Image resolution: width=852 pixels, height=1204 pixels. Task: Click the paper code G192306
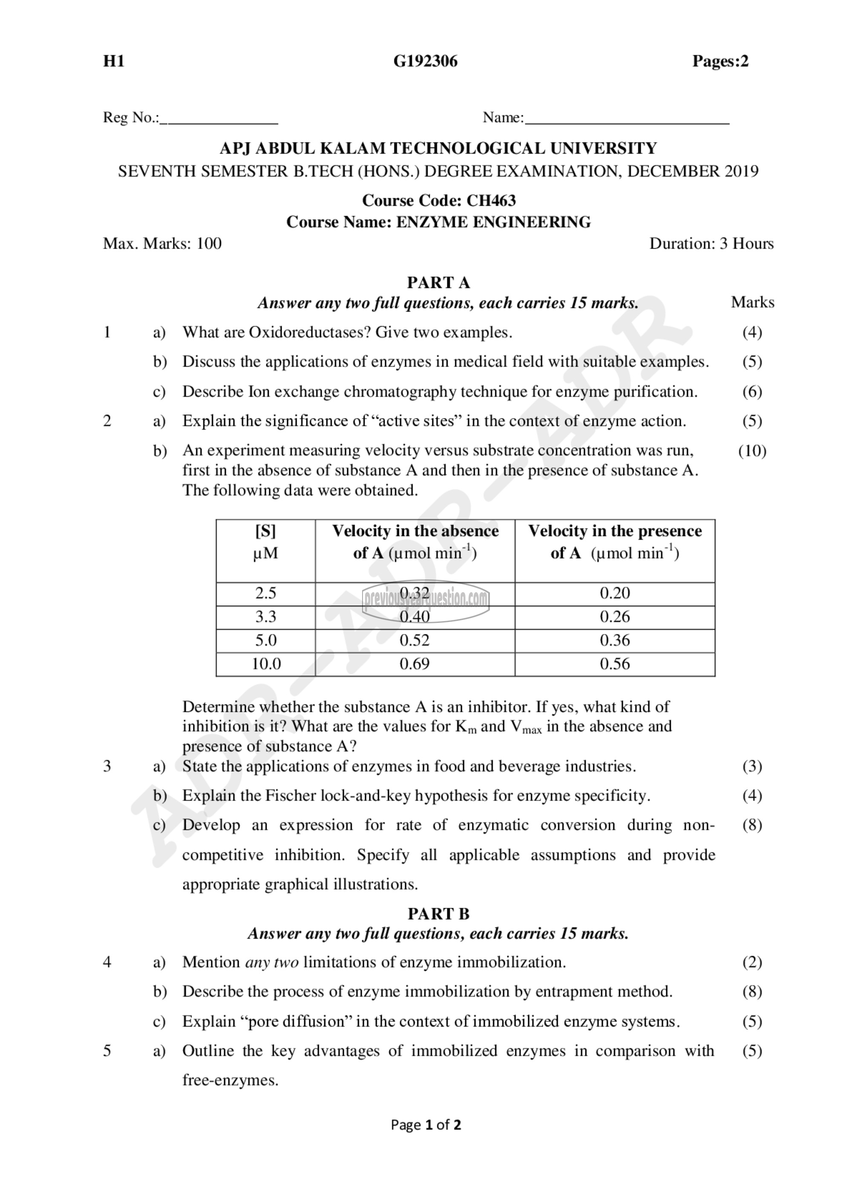[x=426, y=61]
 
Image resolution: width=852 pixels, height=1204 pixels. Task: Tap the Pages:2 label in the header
[x=720, y=61]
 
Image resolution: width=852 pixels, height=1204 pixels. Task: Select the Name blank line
[x=627, y=122]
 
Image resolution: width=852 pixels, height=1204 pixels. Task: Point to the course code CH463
[x=491, y=201]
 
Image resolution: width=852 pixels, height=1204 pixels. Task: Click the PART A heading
[x=439, y=283]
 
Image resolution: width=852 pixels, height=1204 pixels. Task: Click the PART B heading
[x=439, y=914]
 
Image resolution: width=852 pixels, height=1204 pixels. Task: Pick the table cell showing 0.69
[x=414, y=664]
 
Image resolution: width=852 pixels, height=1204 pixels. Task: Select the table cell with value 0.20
[x=615, y=593]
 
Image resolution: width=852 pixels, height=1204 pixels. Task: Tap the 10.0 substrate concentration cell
[x=266, y=664]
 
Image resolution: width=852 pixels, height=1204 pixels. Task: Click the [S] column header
[x=265, y=531]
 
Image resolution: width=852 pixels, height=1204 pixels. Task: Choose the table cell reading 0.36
[x=615, y=640]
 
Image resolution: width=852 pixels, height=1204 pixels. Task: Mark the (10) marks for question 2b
[x=752, y=451]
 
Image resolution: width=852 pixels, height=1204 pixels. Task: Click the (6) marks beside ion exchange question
[x=752, y=392]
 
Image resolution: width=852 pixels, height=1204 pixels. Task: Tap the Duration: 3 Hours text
[x=711, y=244]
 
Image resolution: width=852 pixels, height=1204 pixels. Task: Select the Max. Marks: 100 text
[x=163, y=244]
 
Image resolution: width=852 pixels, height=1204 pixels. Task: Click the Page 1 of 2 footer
[x=426, y=1125]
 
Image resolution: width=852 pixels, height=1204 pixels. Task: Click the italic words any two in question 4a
[x=272, y=962]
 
